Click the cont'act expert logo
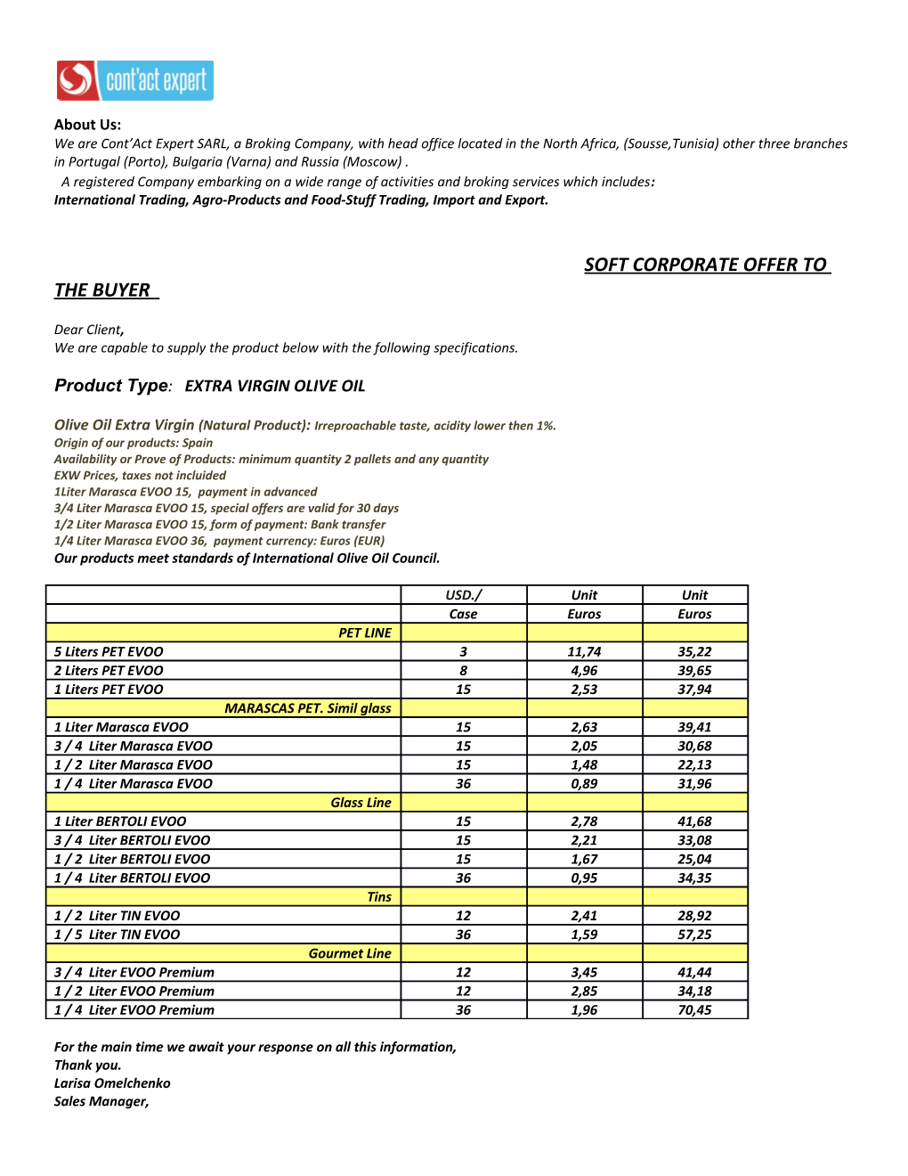tap(134, 80)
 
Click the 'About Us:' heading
tap(87, 125)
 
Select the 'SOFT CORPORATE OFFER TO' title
tap(706, 265)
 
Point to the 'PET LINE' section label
tap(364, 633)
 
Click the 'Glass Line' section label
tap(361, 803)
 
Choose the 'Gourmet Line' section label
tap(350, 953)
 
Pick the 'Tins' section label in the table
tap(379, 897)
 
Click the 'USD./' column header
tap(463, 595)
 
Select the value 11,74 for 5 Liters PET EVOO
tap(584, 652)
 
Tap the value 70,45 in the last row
tap(694, 1010)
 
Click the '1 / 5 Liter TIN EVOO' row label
tap(117, 935)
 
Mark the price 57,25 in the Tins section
tap(694, 935)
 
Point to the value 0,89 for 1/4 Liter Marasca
tap(584, 784)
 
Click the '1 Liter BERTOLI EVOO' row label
tap(120, 821)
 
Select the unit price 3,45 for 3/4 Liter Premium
tap(584, 973)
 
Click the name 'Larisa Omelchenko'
tap(112, 1083)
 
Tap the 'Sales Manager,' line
tap(101, 1102)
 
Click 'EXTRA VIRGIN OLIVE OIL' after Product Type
tap(275, 386)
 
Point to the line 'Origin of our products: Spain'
tap(134, 443)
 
